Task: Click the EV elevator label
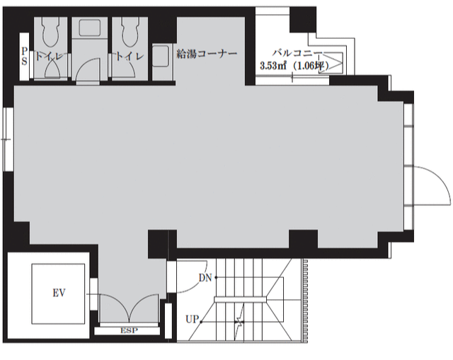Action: pos(59,293)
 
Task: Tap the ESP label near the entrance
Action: pos(129,330)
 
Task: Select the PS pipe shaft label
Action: pos(25,57)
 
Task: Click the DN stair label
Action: pos(205,278)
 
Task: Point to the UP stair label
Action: pos(193,319)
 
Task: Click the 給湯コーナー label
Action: pos(207,54)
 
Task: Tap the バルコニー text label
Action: pos(297,53)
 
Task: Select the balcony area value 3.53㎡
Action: pos(273,66)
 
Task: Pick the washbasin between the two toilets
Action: pos(90,28)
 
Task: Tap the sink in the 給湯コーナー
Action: pos(161,56)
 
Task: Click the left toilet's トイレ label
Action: pos(49,56)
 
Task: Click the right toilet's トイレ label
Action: pos(130,56)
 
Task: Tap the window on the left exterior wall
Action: pos(8,139)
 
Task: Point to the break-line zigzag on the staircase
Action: pos(239,321)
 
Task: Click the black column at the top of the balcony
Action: pos(303,20)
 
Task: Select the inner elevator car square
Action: pos(58,294)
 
